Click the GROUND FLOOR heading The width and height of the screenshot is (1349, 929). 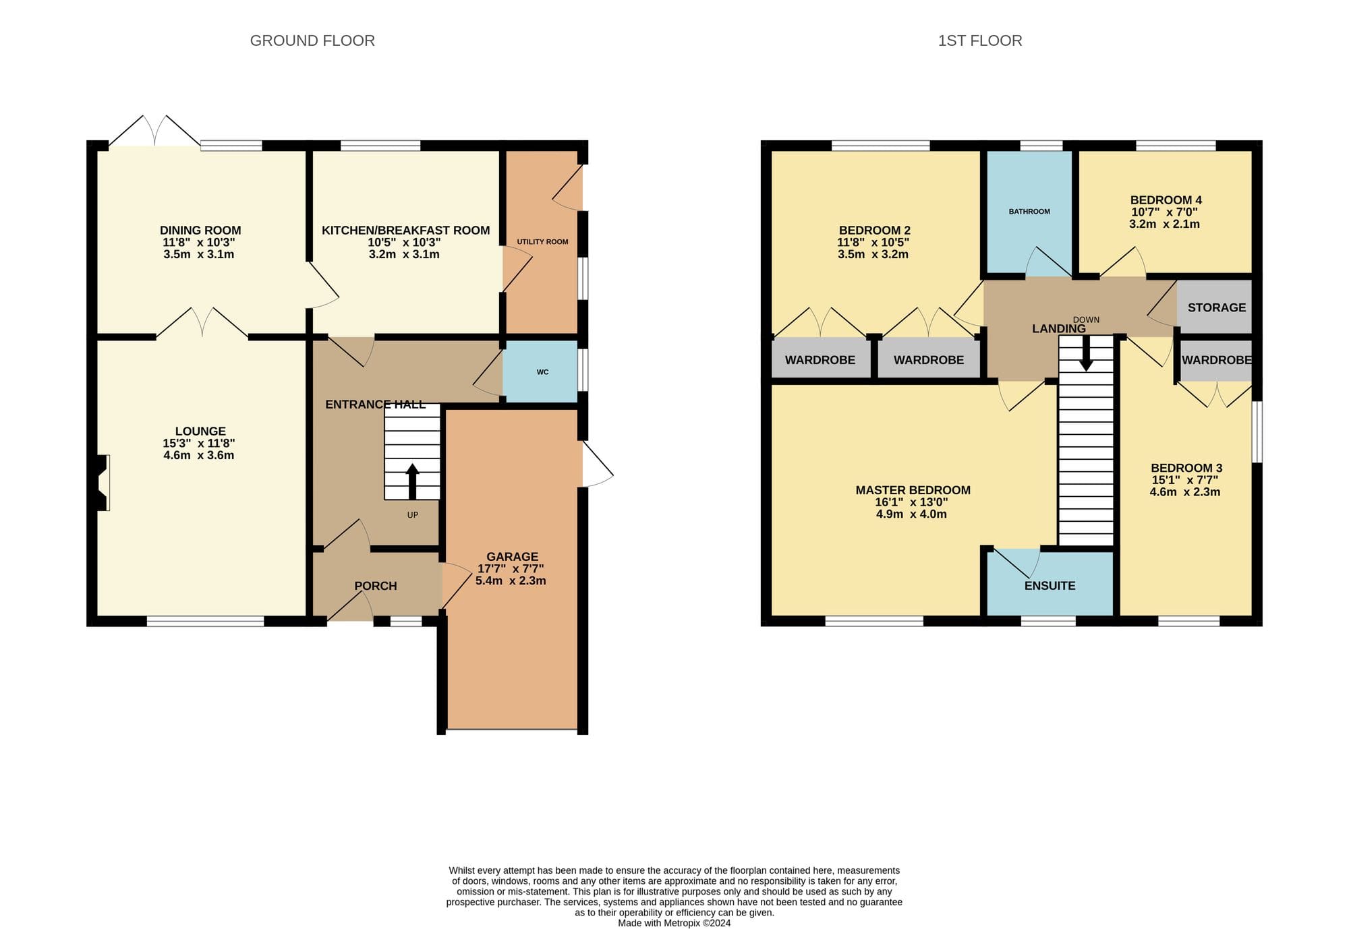click(x=312, y=40)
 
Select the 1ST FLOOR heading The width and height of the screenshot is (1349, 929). click(x=980, y=40)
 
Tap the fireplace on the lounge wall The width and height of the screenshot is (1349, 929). click(x=103, y=483)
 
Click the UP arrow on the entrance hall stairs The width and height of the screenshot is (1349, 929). click(x=412, y=481)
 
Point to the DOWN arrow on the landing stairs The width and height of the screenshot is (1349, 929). click(x=1086, y=353)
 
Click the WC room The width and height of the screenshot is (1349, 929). click(x=541, y=372)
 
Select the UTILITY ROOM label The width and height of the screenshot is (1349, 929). click(x=542, y=242)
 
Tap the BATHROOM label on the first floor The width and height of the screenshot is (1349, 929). click(x=1029, y=212)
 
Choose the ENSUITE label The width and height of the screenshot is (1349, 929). click(x=1050, y=586)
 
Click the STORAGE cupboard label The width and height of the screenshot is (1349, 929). click(x=1217, y=307)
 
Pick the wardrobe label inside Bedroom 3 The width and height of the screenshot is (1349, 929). click(x=1217, y=360)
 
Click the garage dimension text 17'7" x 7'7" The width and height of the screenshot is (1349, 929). click(x=511, y=569)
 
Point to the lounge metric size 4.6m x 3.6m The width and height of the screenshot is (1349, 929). click(x=199, y=455)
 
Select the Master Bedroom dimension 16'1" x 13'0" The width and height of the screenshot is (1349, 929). click(x=911, y=502)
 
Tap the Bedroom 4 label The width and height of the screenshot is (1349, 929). click(x=1166, y=200)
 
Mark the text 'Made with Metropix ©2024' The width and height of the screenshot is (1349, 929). click(x=674, y=923)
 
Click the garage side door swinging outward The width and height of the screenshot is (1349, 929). click(x=598, y=464)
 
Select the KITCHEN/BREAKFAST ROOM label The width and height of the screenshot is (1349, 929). click(x=406, y=231)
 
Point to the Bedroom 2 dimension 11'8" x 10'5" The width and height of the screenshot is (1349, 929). click(x=873, y=243)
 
